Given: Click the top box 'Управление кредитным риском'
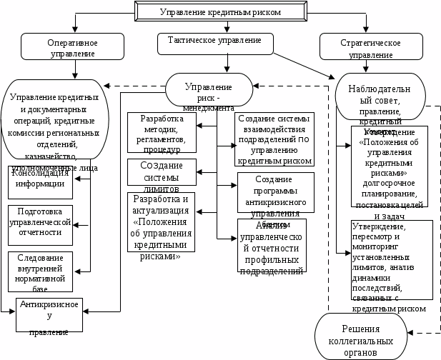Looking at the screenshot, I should (x=220, y=11).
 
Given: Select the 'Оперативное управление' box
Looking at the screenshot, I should (x=73, y=47).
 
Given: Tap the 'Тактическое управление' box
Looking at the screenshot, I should (x=214, y=42).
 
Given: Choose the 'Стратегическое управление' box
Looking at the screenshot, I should (x=370, y=47).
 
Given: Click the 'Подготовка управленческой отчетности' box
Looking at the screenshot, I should (x=41, y=222).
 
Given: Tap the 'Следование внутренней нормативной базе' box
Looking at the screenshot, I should (x=41, y=270).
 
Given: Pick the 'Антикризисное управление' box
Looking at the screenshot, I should (x=49, y=315).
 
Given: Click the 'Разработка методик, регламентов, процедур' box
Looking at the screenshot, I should (x=162, y=133).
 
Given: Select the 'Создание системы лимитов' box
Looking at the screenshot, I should (x=162, y=172).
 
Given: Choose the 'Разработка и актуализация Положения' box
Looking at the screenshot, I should (x=162, y=226).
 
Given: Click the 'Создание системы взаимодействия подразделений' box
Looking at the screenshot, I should (x=274, y=139).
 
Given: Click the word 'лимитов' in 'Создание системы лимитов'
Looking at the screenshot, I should (x=162, y=181).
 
